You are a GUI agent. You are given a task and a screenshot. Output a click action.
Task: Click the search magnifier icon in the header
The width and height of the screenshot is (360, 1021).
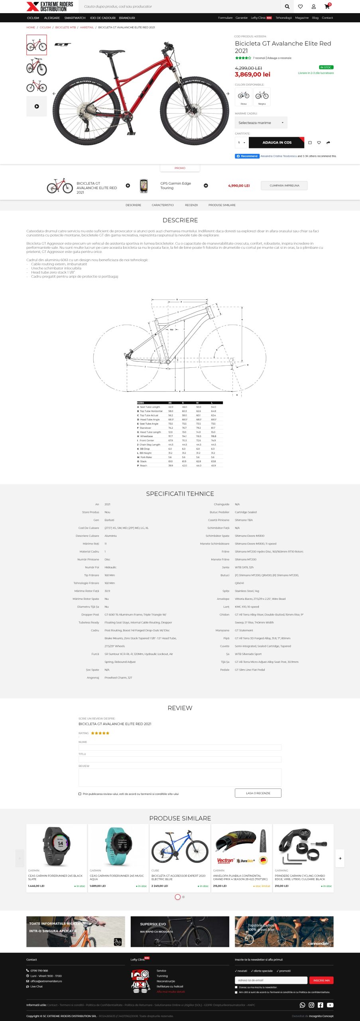click(287, 6)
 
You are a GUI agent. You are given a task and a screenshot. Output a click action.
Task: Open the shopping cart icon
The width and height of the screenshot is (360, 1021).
click(327, 6)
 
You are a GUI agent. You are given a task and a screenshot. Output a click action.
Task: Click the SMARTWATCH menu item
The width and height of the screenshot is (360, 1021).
click(75, 18)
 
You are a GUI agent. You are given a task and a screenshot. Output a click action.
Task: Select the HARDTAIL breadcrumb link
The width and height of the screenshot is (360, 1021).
click(87, 28)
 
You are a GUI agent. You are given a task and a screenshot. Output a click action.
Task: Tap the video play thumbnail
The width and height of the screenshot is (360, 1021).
click(37, 106)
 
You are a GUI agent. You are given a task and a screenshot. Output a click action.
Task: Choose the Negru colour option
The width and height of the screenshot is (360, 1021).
click(262, 97)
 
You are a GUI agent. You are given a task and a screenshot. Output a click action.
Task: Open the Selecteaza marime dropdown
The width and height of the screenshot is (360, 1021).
click(261, 123)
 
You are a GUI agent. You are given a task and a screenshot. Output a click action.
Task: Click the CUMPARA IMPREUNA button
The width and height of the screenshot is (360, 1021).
click(284, 185)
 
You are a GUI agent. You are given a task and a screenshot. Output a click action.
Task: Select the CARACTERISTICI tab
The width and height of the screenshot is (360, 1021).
click(163, 205)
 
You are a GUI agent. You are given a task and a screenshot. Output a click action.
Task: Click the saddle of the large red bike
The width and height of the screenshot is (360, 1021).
click(112, 52)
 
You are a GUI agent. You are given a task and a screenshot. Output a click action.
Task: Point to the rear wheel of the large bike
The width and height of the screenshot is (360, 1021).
click(79, 116)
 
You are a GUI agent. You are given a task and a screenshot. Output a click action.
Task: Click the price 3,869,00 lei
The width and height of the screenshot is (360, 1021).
click(252, 75)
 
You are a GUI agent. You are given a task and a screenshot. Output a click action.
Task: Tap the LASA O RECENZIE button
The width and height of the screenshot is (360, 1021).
click(258, 793)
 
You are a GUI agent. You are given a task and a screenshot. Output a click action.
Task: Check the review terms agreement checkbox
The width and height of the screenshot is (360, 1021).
click(80, 794)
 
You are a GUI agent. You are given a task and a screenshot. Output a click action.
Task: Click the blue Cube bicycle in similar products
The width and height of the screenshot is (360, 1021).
click(180, 846)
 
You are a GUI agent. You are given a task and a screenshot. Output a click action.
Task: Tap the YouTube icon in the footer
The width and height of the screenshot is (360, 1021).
click(330, 1005)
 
